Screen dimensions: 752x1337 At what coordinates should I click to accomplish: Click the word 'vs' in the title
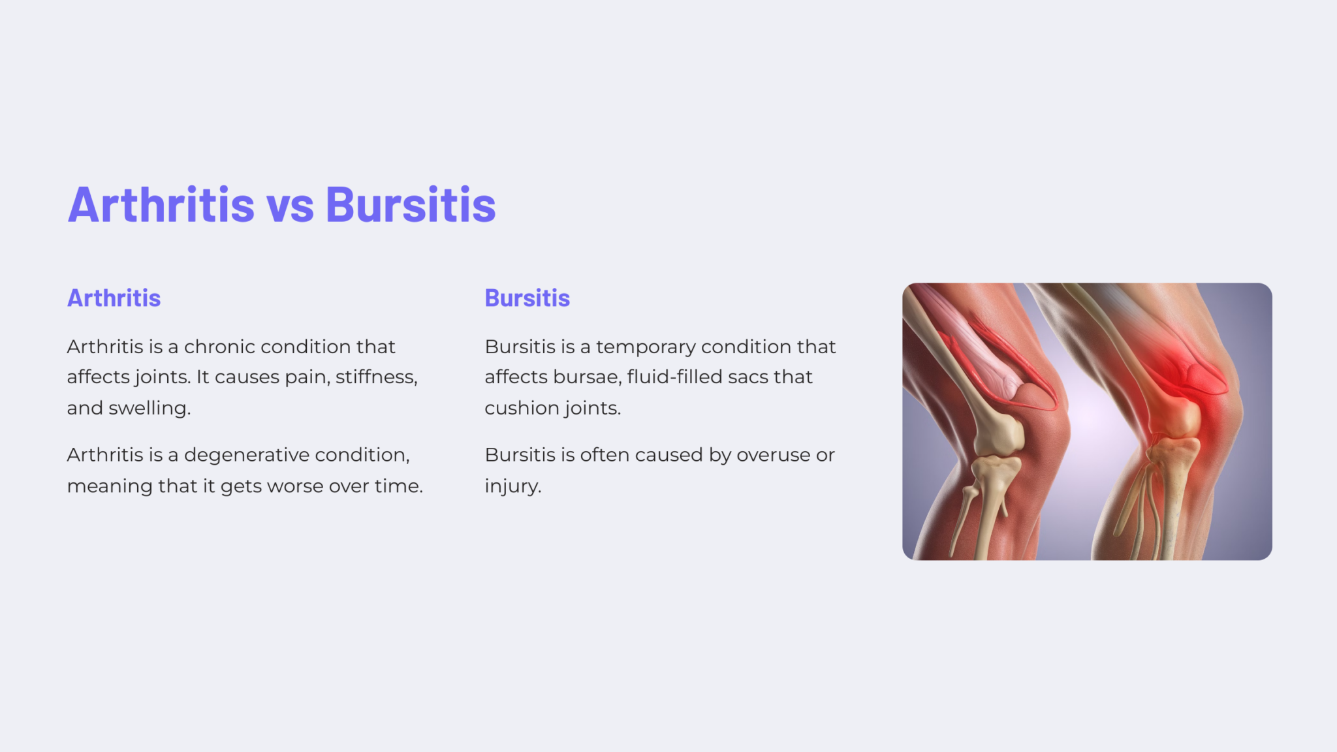click(x=290, y=206)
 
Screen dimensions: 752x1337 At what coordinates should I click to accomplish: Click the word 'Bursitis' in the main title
click(x=411, y=206)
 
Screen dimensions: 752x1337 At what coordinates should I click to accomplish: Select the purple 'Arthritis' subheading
click(x=114, y=298)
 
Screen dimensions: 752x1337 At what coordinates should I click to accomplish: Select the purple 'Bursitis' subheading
click(x=527, y=298)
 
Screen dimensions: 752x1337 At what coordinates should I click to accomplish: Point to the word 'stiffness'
click(x=375, y=377)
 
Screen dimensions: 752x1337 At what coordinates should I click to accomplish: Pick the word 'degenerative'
click(x=246, y=455)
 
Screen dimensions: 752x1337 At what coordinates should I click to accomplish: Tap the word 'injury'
click(x=512, y=486)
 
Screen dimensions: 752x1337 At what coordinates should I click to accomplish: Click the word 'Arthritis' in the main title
click(x=161, y=206)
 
